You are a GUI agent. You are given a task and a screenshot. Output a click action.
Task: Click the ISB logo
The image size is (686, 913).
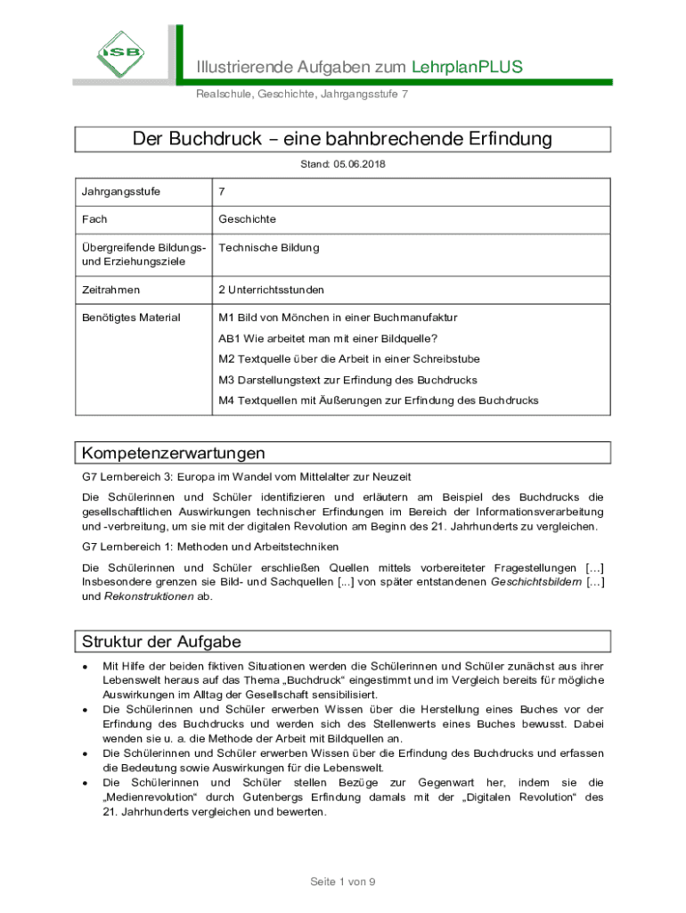click(x=122, y=51)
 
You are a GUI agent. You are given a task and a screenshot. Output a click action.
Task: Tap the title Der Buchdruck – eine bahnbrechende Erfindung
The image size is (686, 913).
click(x=342, y=139)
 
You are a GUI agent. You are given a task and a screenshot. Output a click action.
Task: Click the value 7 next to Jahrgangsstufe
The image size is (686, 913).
click(x=222, y=192)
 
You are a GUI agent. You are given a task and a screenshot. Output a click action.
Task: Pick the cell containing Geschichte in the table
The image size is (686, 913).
click(x=248, y=218)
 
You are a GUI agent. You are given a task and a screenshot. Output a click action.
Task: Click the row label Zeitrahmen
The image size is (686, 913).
click(x=110, y=290)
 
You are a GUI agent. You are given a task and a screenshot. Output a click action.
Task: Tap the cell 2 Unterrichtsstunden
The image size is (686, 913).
click(x=272, y=290)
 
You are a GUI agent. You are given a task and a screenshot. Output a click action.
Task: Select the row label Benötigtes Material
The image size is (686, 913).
click(x=131, y=317)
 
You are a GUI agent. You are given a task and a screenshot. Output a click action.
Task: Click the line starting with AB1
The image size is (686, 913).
click(x=328, y=338)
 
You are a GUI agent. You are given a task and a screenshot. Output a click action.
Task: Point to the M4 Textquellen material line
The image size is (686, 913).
click(x=379, y=400)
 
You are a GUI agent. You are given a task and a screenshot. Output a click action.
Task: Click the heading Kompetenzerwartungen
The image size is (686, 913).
click(x=173, y=453)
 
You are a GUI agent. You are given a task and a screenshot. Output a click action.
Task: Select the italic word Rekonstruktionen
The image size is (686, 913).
click(x=149, y=596)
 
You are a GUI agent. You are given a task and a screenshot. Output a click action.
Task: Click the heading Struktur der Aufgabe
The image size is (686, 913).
click(x=161, y=642)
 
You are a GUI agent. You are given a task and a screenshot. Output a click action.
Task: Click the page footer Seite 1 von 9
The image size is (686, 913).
click(x=343, y=882)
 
